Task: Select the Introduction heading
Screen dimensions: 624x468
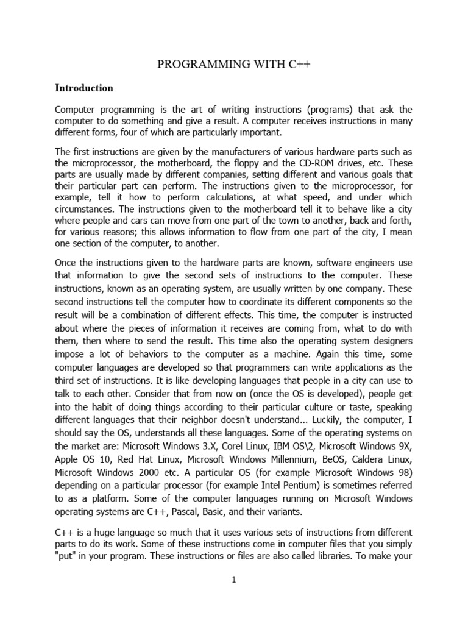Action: point(84,88)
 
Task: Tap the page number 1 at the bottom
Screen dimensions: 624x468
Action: point(233,580)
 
